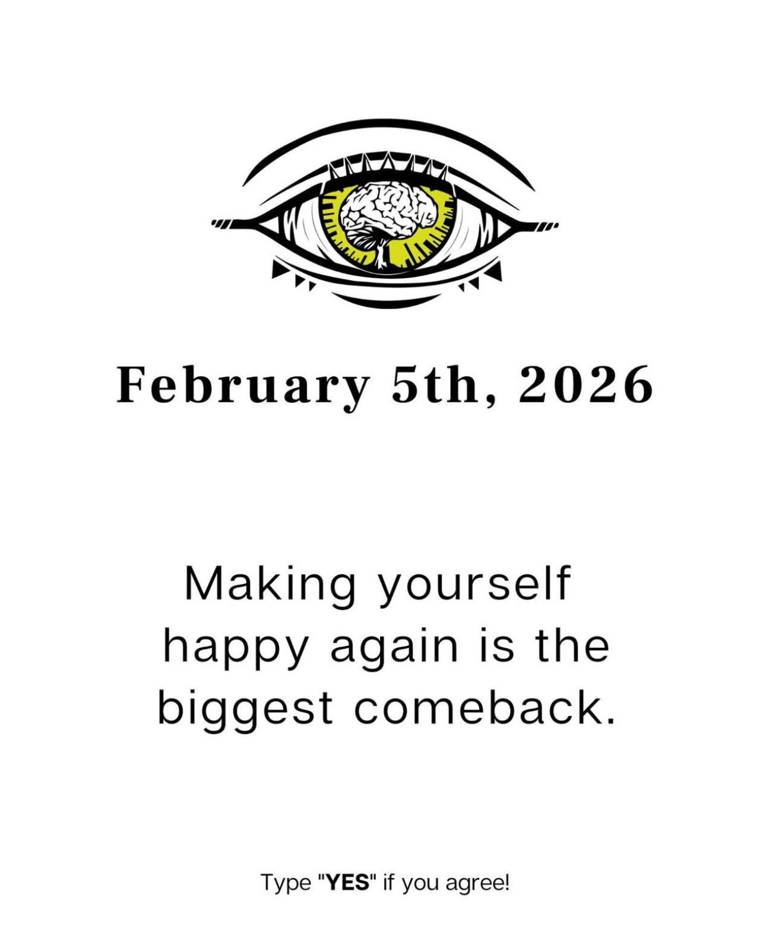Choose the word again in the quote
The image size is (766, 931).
394,647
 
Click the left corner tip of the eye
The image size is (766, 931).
214,223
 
